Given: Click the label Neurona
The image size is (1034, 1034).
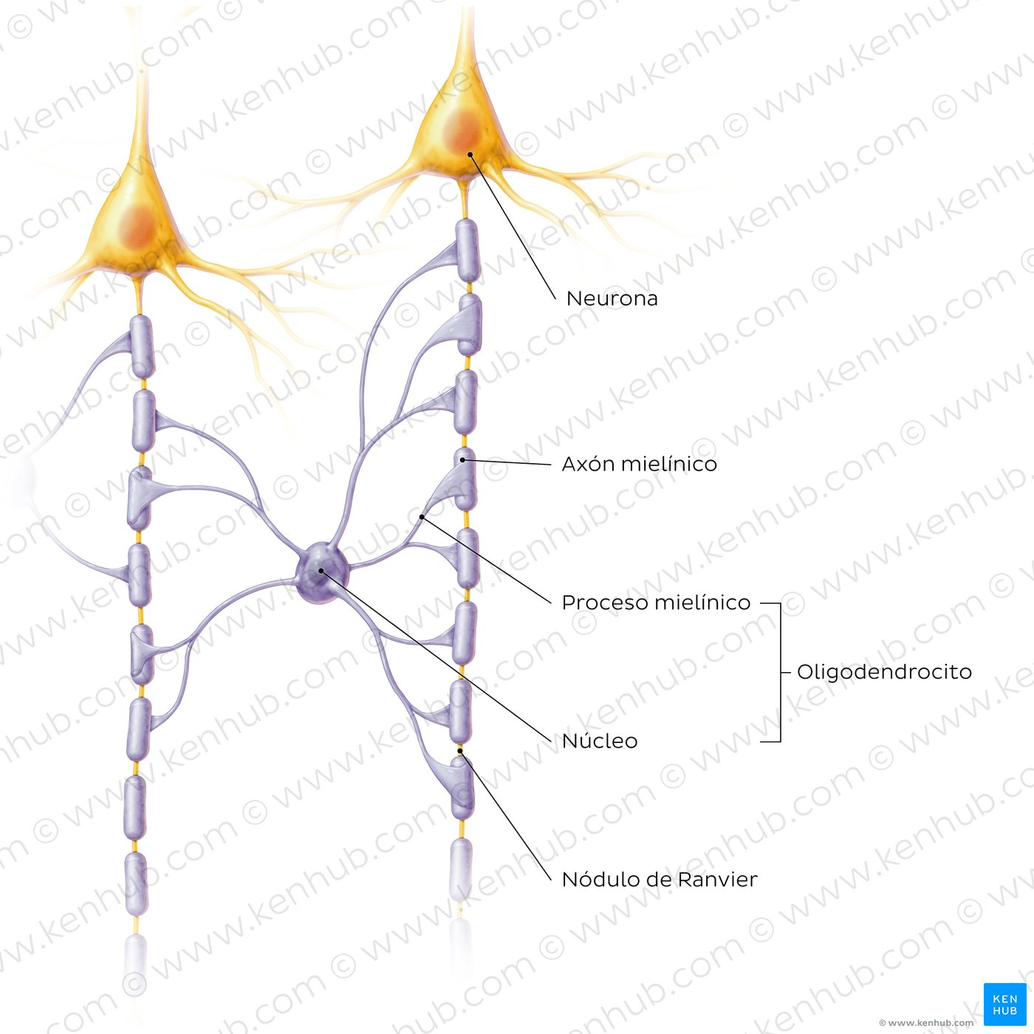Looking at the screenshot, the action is tap(612, 299).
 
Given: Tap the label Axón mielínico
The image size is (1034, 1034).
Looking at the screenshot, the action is tap(639, 464).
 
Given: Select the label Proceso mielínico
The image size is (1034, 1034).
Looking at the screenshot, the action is tap(656, 603).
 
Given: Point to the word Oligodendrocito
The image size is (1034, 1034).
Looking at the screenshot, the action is tap(884, 672).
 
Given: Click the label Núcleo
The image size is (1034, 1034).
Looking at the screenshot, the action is tap(600, 741).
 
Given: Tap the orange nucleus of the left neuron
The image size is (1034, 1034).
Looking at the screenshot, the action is tap(137, 225).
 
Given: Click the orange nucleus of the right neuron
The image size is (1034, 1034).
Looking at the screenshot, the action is tap(462, 131).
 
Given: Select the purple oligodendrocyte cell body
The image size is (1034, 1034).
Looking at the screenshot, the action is tap(322, 572).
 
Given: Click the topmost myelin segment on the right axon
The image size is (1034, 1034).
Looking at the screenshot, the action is tap(467, 250).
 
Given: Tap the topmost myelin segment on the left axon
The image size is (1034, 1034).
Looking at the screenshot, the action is tap(143, 347).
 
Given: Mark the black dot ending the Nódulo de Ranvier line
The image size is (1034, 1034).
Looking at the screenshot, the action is tap(460, 752).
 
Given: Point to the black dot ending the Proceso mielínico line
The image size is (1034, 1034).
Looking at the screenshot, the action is tap(422, 517).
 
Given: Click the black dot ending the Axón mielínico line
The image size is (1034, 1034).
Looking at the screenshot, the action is tap(462, 460).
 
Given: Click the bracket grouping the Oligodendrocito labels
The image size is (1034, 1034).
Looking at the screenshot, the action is tap(780, 672).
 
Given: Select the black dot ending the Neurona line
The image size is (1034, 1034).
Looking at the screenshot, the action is tap(470, 154).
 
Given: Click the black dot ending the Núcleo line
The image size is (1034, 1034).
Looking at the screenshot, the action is tap(321, 571).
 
